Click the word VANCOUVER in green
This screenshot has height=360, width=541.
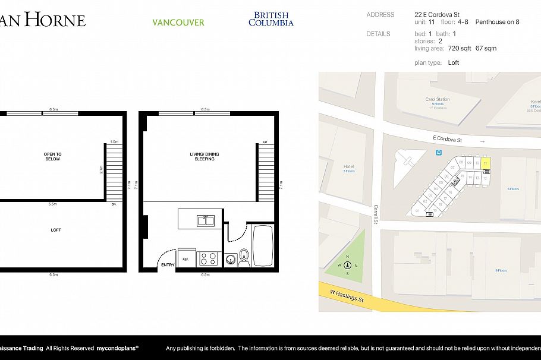(178, 23)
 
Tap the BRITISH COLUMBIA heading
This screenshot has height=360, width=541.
(270, 19)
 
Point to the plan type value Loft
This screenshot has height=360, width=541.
(454, 62)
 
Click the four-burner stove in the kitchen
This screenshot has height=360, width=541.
(207, 258)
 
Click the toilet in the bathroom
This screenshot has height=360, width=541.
(243, 258)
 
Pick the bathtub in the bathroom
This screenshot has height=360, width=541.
(262, 245)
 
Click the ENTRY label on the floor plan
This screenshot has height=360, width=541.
(168, 265)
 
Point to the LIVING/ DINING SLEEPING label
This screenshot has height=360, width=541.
(204, 157)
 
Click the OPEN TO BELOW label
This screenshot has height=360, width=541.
(52, 157)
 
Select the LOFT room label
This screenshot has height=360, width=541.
(55, 230)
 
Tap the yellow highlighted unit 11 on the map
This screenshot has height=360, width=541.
(486, 162)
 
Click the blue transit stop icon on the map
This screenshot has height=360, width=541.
(439, 153)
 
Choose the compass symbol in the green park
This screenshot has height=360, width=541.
(348, 266)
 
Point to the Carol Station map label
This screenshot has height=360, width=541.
(437, 99)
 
